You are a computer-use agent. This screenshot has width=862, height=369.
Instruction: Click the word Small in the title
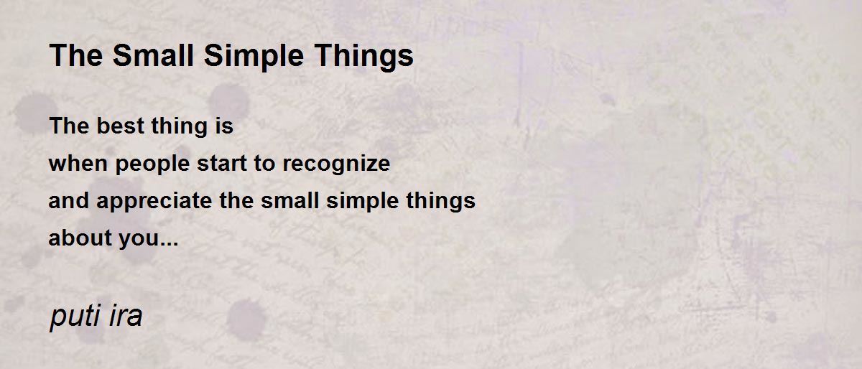point(153,55)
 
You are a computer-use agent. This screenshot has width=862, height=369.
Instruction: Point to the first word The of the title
point(76,55)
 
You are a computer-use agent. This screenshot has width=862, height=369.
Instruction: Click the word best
point(120,126)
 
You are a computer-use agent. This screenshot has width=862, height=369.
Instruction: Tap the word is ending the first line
point(224,126)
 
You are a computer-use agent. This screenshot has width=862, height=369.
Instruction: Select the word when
point(78,163)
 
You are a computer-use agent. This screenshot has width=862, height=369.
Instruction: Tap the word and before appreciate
point(68,200)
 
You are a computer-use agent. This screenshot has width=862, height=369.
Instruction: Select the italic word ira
point(126,315)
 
